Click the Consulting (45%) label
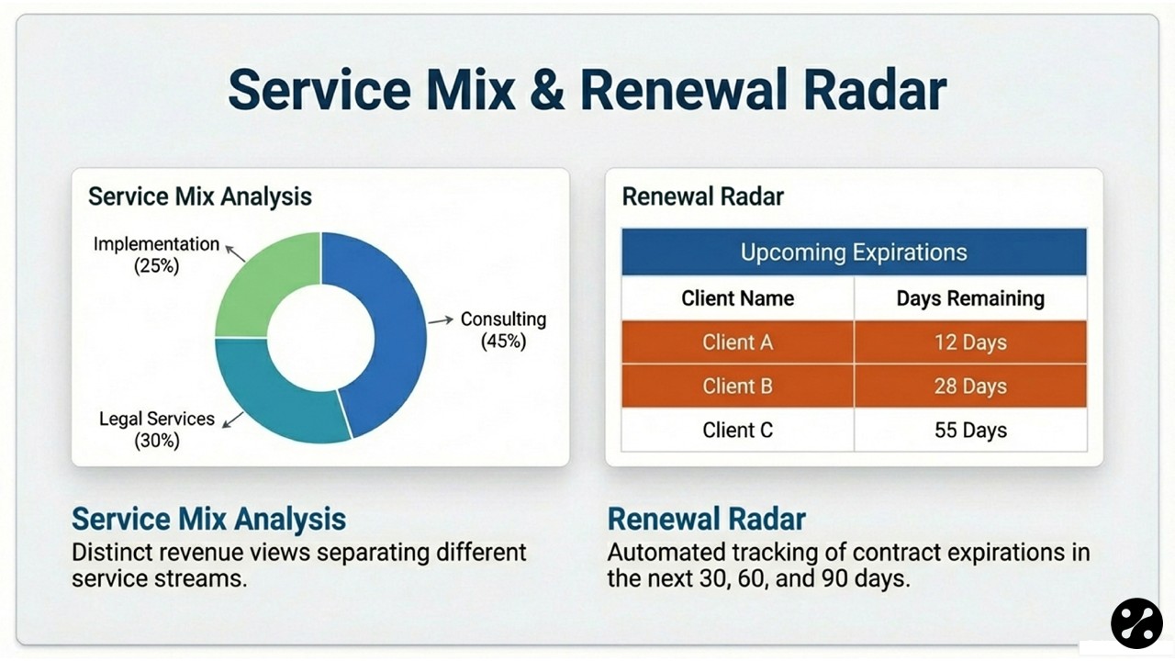tap(503, 330)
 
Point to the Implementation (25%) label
tap(156, 255)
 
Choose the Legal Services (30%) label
tap(156, 430)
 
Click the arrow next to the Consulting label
tap(442, 319)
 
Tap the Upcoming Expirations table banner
tap(854, 252)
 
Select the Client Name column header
tap(737, 298)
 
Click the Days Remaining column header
tap(970, 298)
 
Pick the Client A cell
tap(737, 342)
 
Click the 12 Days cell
tap(970, 342)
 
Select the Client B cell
tap(737, 386)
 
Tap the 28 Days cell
tap(970, 386)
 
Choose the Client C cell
tap(737, 430)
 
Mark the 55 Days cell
tap(970, 430)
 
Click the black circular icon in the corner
tap(1136, 623)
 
